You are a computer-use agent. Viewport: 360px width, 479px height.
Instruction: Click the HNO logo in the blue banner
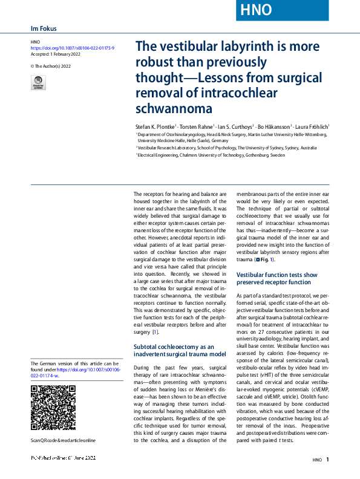(x=256, y=10)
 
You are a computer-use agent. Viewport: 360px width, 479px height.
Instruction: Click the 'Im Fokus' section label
(x=43, y=28)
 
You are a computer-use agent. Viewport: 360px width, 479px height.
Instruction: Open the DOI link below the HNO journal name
(x=72, y=47)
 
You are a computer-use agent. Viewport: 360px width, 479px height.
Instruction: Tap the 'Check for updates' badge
(x=38, y=83)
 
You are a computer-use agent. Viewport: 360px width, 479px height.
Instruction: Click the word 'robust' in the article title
(x=157, y=62)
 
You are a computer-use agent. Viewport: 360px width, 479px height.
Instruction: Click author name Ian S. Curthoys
(x=233, y=126)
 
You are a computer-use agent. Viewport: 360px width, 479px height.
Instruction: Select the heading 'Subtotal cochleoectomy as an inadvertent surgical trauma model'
(x=171, y=350)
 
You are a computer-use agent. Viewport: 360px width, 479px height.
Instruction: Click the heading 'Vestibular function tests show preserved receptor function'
(x=276, y=278)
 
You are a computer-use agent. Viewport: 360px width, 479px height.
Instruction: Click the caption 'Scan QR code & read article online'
(x=63, y=440)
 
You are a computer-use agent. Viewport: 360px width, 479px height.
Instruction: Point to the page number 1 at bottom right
(x=327, y=460)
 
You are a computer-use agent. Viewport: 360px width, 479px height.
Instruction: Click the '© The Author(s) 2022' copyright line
(x=51, y=65)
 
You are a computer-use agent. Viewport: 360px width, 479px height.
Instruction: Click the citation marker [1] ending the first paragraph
(x=155, y=331)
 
